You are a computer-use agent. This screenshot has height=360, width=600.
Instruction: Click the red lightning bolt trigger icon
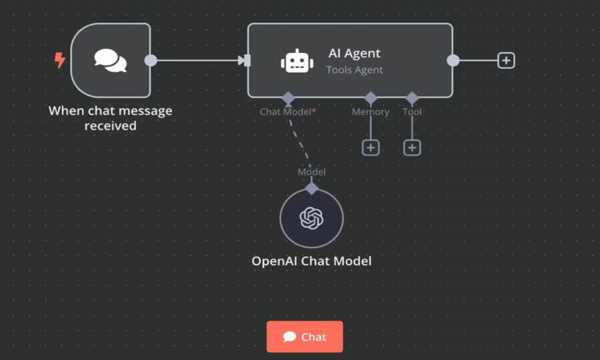60,60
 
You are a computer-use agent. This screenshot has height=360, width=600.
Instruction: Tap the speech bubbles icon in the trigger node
110,61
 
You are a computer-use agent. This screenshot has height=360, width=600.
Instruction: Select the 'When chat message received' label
110,118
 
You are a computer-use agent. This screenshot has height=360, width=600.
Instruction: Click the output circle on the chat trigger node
151,61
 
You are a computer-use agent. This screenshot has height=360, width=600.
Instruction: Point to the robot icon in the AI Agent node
297,61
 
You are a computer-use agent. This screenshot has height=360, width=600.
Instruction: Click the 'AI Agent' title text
355,53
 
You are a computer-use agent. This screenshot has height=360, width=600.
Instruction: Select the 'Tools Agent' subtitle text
355,70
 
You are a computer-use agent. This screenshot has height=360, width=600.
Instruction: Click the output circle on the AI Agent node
453,61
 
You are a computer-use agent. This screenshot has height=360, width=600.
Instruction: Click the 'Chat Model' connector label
286,112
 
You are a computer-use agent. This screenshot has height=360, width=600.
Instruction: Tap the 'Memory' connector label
370,112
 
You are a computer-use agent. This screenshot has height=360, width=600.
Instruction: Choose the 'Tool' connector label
412,112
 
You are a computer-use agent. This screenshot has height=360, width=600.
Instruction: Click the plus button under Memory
371,148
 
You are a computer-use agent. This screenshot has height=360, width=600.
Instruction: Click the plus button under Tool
412,148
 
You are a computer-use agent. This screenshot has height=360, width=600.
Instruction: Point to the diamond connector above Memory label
371,97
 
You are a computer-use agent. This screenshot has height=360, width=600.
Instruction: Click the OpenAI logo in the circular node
311,218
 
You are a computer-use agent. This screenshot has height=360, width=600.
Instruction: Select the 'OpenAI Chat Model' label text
311,261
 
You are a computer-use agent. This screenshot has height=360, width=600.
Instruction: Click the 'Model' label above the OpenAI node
311,172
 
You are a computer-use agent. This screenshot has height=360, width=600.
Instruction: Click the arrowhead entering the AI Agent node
243,61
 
